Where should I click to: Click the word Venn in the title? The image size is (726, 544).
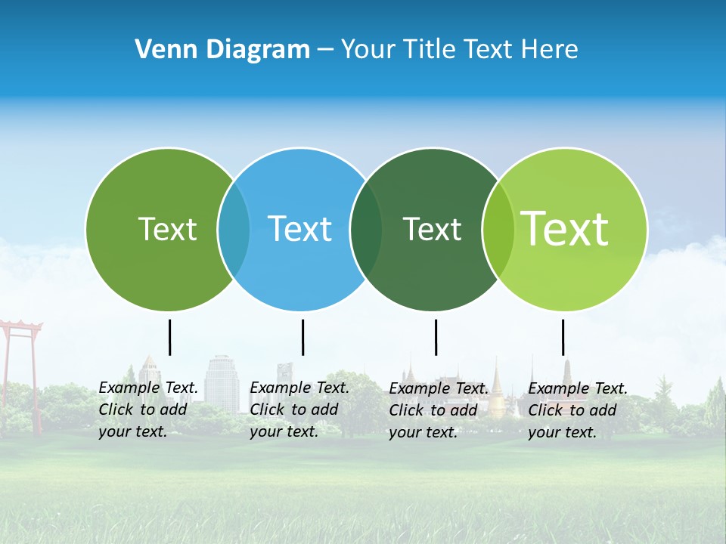[160, 50]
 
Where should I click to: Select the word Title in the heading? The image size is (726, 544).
[430, 50]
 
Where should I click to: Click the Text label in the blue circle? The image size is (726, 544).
[300, 229]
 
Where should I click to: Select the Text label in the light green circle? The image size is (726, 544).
[565, 229]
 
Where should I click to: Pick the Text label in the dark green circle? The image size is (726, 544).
[432, 229]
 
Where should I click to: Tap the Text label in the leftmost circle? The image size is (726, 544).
[167, 229]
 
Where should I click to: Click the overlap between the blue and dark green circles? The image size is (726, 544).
[366, 229]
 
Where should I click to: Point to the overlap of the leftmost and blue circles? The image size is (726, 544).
[234, 229]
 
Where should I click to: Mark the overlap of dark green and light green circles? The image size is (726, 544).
[498, 229]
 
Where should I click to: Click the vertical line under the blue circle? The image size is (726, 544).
[302, 337]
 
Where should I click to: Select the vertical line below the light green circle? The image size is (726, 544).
[563, 337]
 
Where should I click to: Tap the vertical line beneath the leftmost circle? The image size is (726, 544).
[169, 337]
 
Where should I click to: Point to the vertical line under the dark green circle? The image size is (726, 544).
[436, 337]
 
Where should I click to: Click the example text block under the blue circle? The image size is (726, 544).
[299, 410]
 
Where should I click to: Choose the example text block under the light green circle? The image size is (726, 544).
[577, 410]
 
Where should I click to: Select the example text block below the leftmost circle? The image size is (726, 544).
[148, 410]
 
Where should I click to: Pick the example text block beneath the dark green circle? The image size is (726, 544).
[439, 410]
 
